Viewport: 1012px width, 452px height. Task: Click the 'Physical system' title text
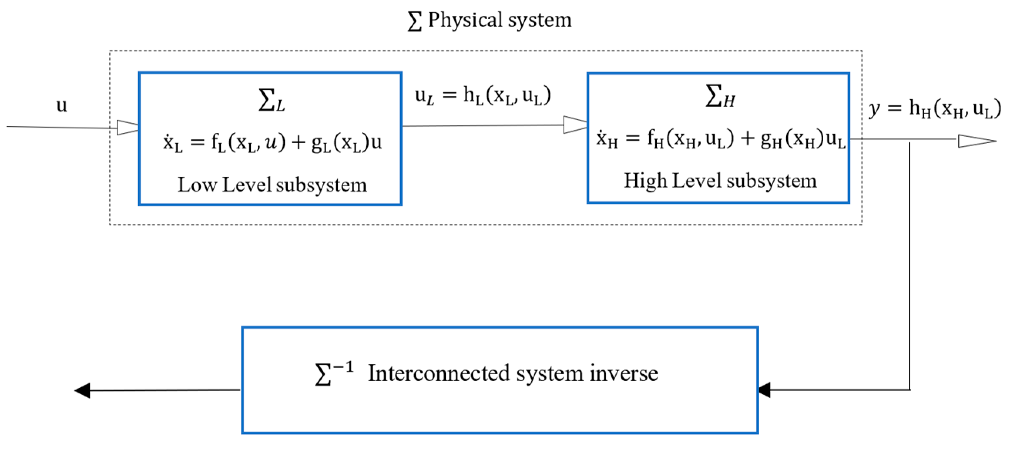point(499,20)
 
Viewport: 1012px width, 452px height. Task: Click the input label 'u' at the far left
point(62,105)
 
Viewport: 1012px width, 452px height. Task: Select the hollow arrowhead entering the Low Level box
point(128,127)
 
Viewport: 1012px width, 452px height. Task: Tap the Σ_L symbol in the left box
point(272,100)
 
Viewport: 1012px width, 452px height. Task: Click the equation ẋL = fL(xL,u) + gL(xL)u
point(272,142)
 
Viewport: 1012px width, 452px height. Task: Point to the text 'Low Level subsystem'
point(272,184)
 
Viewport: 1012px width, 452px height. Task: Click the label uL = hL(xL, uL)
point(483,95)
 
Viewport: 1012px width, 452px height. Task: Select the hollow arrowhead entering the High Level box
point(575,125)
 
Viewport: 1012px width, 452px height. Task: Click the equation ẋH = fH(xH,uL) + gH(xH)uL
point(720,139)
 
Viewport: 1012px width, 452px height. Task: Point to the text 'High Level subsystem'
point(720,181)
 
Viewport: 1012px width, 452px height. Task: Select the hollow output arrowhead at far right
point(976,141)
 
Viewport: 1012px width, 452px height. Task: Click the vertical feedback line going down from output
point(910,267)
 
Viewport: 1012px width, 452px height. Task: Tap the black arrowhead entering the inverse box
point(765,390)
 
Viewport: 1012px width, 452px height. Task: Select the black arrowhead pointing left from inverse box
point(83,391)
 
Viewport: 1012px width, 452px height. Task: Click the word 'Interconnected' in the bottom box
point(438,373)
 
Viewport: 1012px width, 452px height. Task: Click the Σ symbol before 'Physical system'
point(415,21)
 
